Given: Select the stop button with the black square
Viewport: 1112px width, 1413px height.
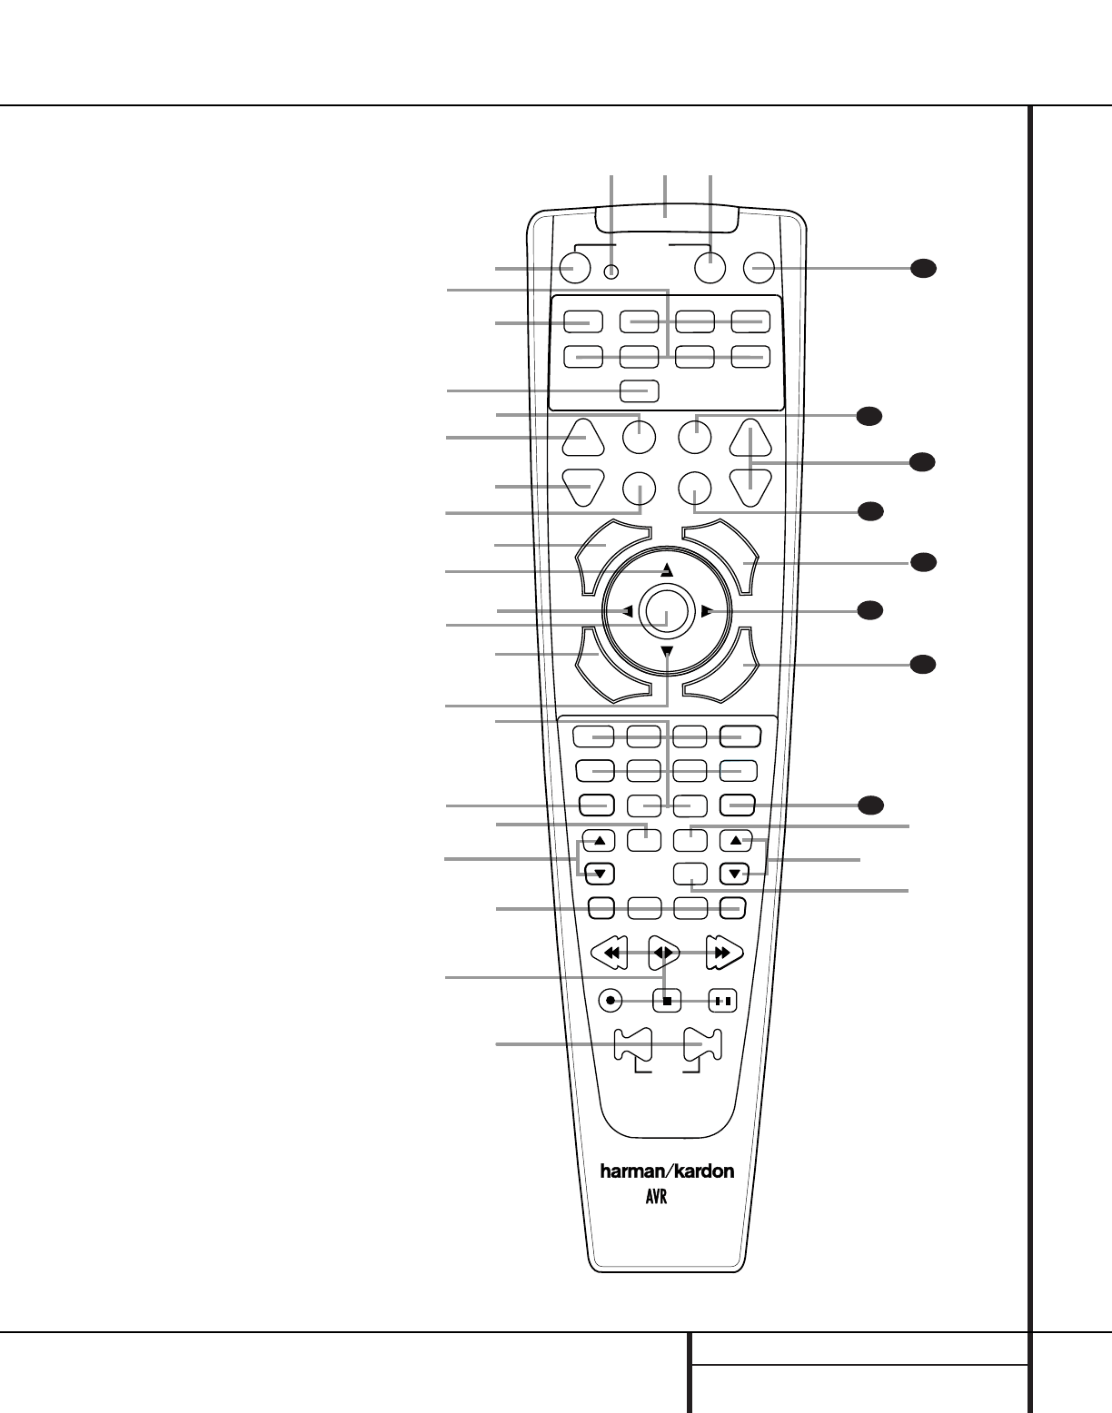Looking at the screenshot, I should pos(667,1001).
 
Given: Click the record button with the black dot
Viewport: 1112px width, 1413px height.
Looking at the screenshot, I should pos(611,1001).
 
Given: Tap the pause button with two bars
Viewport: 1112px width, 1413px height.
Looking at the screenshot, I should pos(722,1001).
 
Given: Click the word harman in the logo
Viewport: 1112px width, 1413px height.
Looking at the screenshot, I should pos(632,1171).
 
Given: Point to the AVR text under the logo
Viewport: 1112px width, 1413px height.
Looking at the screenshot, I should pos(656,1198).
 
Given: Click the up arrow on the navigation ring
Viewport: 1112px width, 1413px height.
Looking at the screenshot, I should pos(667,570).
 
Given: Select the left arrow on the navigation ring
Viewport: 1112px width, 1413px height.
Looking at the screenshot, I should pos(627,611).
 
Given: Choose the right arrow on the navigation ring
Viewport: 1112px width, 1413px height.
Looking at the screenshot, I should pos(707,611).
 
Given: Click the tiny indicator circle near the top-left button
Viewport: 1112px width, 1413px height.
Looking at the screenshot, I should pos(612,270).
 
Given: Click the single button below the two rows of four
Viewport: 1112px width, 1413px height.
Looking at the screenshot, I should pos(640,391).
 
